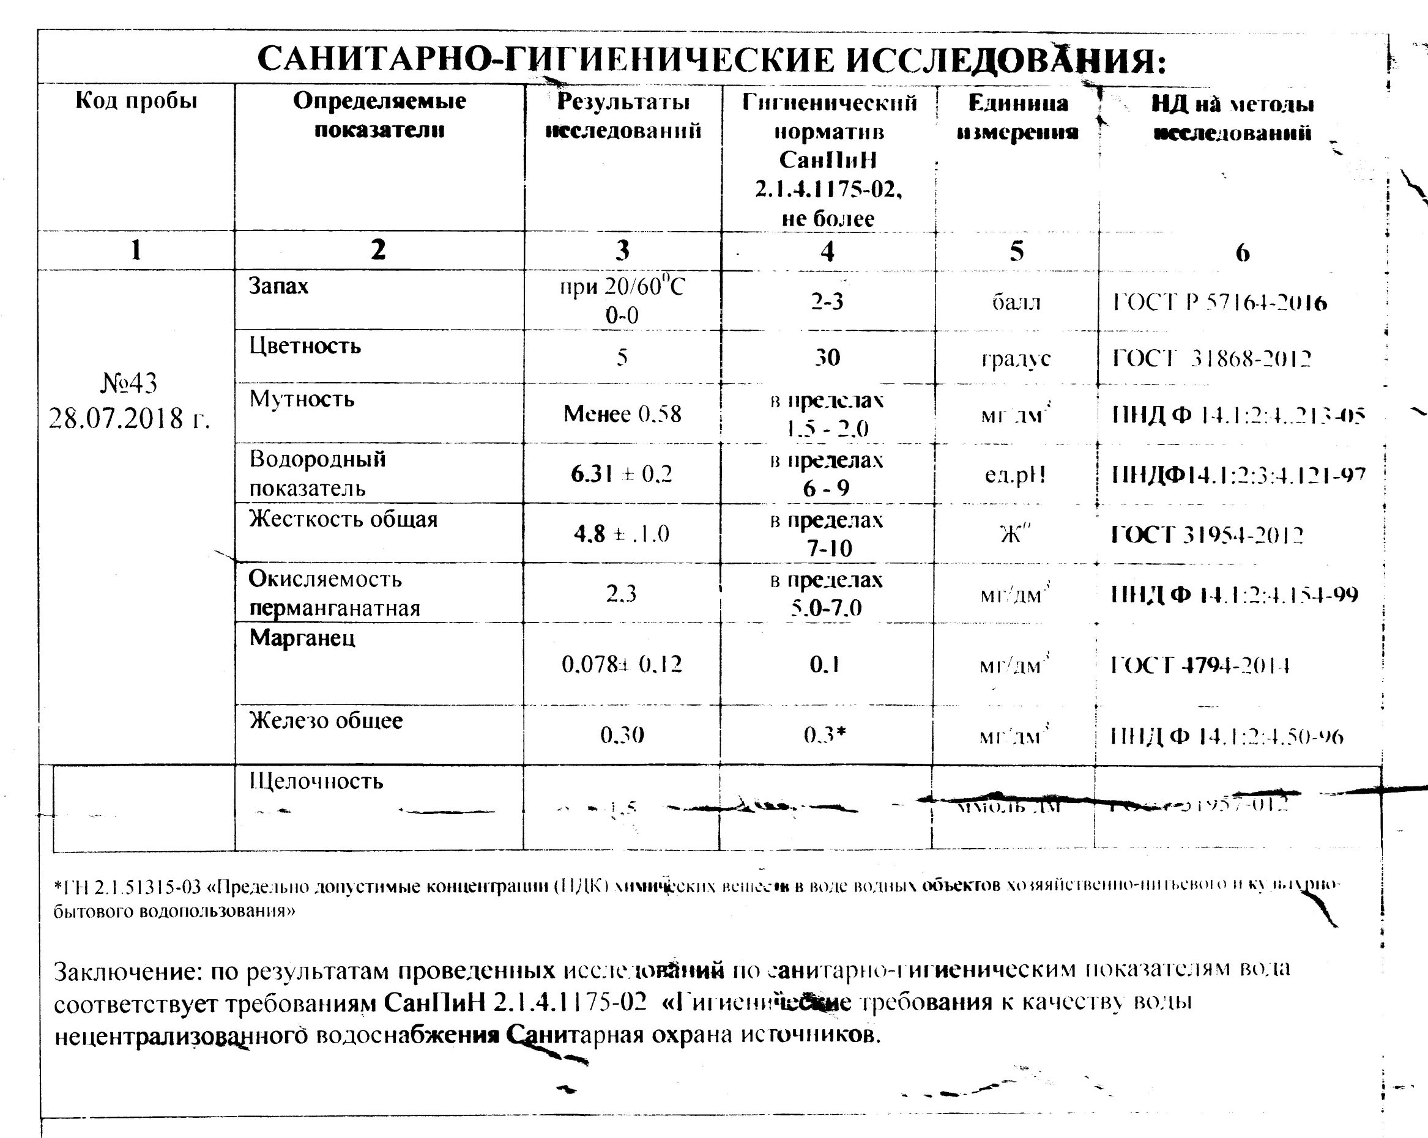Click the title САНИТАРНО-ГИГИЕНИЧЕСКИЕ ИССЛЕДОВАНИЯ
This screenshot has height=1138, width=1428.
point(712,59)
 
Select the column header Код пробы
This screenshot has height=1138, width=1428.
point(136,102)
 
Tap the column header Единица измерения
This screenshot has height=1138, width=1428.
point(1017,117)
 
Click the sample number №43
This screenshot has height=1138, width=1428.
point(129,383)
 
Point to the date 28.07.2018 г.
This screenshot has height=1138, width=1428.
point(129,418)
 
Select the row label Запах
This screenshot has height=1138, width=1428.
point(278,286)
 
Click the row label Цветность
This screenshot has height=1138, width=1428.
point(305,345)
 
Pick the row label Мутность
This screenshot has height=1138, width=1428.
point(302,399)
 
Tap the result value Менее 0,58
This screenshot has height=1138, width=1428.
point(622,414)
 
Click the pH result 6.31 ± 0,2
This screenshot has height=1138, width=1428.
point(621,474)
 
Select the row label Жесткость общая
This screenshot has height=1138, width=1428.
point(343,519)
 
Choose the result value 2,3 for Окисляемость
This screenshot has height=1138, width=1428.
point(621,593)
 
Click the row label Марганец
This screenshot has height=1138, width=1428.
point(302,638)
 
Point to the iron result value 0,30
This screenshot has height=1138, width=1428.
point(622,735)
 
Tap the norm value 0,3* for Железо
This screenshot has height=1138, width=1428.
point(825,734)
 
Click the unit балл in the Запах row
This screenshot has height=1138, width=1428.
point(1016,303)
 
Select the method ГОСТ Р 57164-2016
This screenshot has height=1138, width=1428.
point(1219,303)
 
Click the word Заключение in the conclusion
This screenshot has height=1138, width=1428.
point(124,972)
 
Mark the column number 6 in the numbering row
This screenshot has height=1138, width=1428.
point(1243,252)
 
